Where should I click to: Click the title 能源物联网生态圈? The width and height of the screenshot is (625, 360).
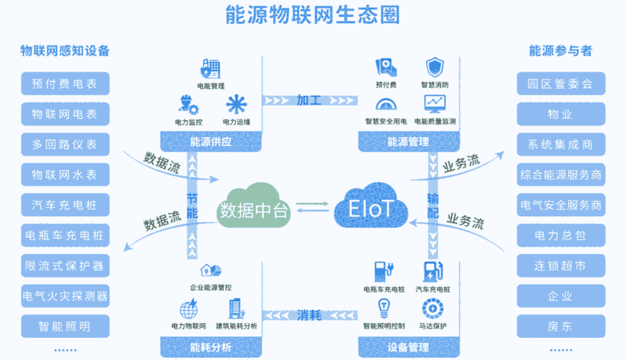click(x=312, y=15)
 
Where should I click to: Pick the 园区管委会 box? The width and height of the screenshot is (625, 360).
click(x=560, y=84)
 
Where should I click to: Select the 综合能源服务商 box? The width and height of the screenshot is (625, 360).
click(x=560, y=174)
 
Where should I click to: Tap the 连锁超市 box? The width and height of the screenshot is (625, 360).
click(x=560, y=265)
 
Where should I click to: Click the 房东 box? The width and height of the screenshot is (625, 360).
click(x=560, y=325)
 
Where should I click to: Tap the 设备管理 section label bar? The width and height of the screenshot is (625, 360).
click(x=408, y=347)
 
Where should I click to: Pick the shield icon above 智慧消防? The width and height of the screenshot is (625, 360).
click(x=435, y=67)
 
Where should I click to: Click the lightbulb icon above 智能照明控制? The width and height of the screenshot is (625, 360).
click(x=383, y=307)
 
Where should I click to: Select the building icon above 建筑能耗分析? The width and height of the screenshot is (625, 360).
click(x=235, y=308)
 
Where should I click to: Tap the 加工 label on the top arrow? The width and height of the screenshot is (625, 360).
click(x=310, y=99)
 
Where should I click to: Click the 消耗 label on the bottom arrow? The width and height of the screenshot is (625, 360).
click(x=310, y=314)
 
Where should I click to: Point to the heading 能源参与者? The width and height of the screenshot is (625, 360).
click(x=560, y=51)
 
